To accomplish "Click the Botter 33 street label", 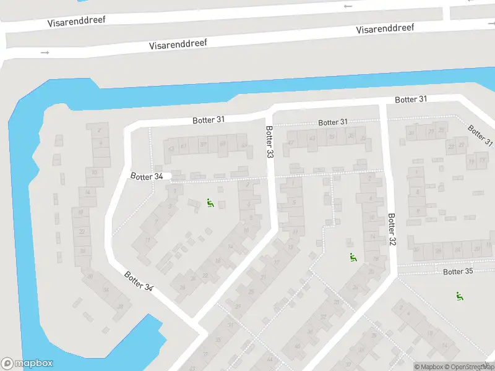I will [269, 142].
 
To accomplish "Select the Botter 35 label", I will [458, 271].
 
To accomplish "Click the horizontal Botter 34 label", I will [147, 176].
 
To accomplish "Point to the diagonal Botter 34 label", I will [138, 281].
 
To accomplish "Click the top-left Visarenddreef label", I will [77, 21].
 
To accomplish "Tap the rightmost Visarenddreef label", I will [385, 29].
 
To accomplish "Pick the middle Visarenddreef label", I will [178, 45].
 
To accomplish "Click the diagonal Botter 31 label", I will [480, 135].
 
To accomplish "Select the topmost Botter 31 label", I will [411, 99].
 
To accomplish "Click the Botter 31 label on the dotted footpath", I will [333, 122].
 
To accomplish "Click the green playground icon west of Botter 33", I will [210, 202].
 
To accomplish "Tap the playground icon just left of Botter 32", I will [353, 258].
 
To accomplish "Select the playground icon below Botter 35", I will [459, 296].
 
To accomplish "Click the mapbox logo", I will [27, 364].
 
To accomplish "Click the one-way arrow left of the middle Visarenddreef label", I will [45, 53].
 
